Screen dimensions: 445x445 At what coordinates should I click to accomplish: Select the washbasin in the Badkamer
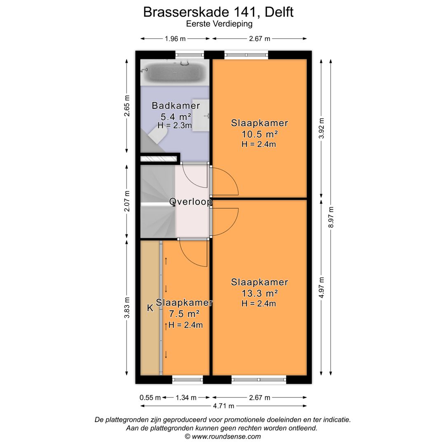click(x=201, y=115)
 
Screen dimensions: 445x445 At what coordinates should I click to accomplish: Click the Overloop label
click(x=191, y=202)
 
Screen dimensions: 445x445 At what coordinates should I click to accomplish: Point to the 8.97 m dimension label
click(x=331, y=217)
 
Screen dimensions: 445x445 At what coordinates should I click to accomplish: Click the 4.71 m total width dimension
click(x=224, y=406)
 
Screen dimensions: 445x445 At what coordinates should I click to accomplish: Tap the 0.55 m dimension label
click(x=150, y=398)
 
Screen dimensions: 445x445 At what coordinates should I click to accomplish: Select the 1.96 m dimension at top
click(x=175, y=39)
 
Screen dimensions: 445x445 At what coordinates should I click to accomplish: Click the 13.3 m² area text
click(x=260, y=293)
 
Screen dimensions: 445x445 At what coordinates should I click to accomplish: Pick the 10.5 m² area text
click(x=260, y=133)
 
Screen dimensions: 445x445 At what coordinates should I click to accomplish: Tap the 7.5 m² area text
click(x=184, y=314)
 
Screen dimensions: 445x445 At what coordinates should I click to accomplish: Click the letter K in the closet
click(x=150, y=308)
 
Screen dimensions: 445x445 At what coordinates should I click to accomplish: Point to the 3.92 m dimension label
click(x=321, y=128)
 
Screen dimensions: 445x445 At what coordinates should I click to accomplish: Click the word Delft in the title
click(x=279, y=12)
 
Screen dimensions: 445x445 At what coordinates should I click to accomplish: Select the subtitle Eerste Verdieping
click(x=219, y=24)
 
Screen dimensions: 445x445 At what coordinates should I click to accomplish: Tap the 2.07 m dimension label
click(x=127, y=201)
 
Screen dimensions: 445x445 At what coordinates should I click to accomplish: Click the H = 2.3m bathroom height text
click(x=175, y=125)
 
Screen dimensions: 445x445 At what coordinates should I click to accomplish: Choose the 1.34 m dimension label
click(x=186, y=398)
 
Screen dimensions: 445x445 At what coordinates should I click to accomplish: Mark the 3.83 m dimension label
click(x=127, y=308)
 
